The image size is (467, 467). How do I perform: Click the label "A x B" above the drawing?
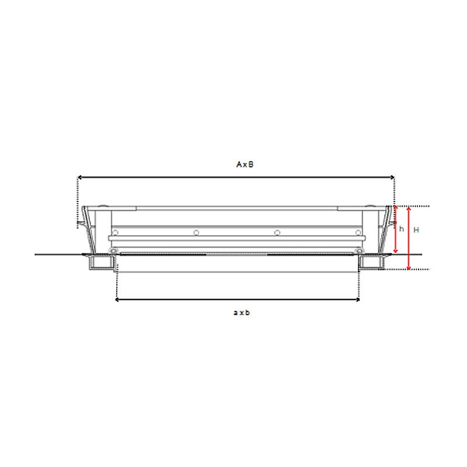point(245,165)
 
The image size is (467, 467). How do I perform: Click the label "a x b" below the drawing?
point(242,312)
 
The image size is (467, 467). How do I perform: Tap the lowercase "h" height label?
point(402,229)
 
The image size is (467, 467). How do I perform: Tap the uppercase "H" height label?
point(416,229)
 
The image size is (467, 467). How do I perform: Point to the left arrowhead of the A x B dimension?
point(80,177)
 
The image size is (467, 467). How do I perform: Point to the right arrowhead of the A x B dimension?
point(392,177)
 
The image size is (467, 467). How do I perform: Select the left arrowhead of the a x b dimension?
point(118,299)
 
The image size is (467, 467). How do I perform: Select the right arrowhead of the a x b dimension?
point(357,299)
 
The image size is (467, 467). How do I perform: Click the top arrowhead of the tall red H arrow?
point(409,209)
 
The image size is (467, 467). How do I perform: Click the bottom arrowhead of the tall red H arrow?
point(409,267)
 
